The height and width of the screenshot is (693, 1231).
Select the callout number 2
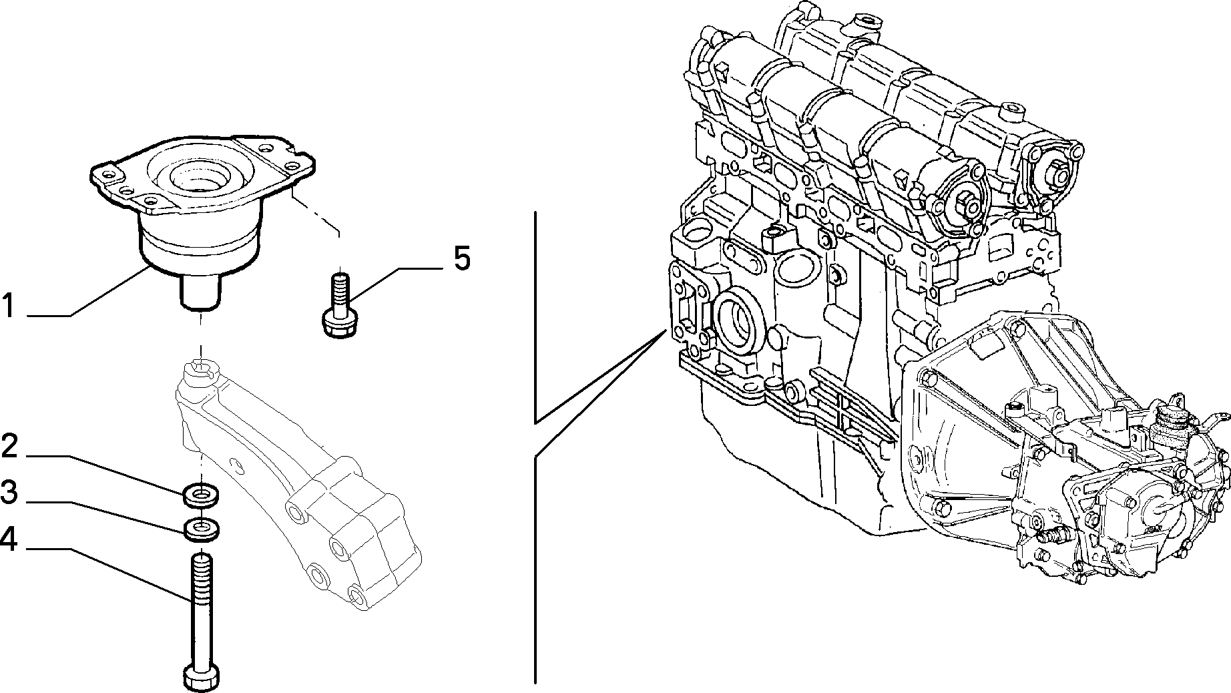pos(9,446)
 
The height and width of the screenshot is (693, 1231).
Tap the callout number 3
pos(9,493)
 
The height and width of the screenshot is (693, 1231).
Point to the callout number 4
pos(9,539)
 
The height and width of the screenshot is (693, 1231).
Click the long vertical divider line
pos(535,447)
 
